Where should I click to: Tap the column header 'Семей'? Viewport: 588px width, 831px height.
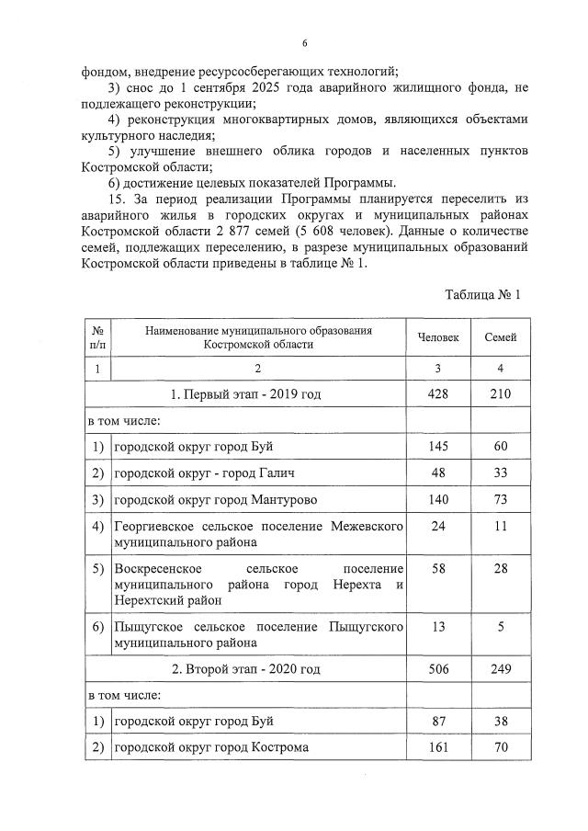(500, 337)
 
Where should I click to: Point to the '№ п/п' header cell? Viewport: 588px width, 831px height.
(96, 337)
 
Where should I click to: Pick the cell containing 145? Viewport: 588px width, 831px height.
(438, 447)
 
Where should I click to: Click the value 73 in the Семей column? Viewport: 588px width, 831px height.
(500, 500)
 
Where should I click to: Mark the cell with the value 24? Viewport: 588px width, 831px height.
(438, 528)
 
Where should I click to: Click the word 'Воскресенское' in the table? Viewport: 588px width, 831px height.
(156, 570)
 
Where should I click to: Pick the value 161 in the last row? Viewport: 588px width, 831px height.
(438, 747)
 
